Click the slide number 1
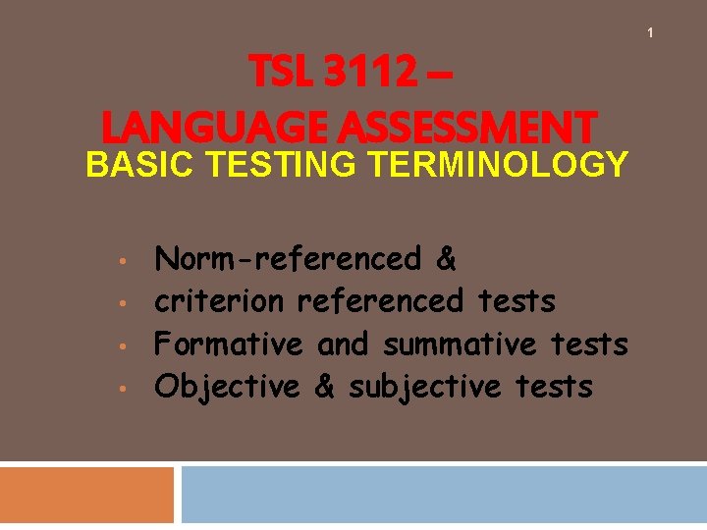tap(649, 34)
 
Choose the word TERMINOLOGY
tap(497, 165)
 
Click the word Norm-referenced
tap(288, 259)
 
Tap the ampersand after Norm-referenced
tap(446, 259)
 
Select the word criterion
tap(220, 301)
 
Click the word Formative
tap(230, 344)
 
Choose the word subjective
tap(425, 387)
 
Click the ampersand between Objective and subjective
tap(324, 387)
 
